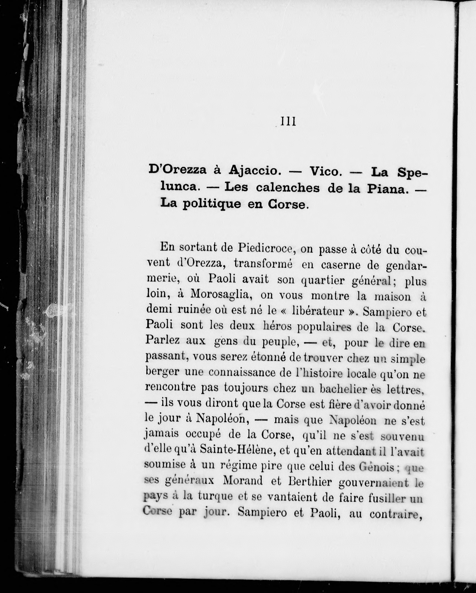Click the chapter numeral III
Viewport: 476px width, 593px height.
[288, 122]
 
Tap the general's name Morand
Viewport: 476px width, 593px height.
[242, 481]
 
